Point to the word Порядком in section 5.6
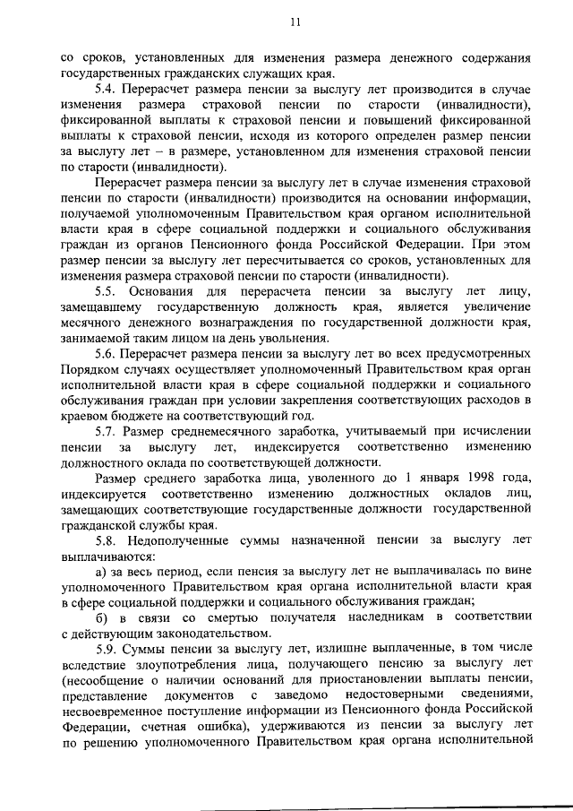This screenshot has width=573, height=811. pos(92,372)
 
